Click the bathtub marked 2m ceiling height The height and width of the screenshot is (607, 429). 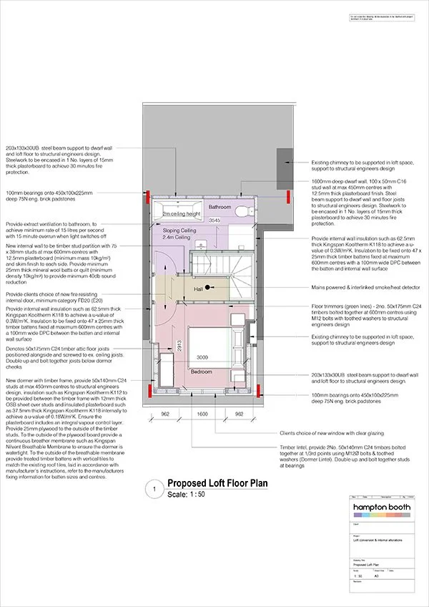pyautogui.click(x=176, y=212)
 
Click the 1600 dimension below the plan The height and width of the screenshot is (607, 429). pyautogui.click(x=202, y=413)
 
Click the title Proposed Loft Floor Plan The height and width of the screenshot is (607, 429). pyautogui.click(x=217, y=483)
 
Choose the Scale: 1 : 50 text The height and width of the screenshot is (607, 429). pyautogui.click(x=187, y=495)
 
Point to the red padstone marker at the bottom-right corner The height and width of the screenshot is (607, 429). pyautogui.click(x=259, y=389)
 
